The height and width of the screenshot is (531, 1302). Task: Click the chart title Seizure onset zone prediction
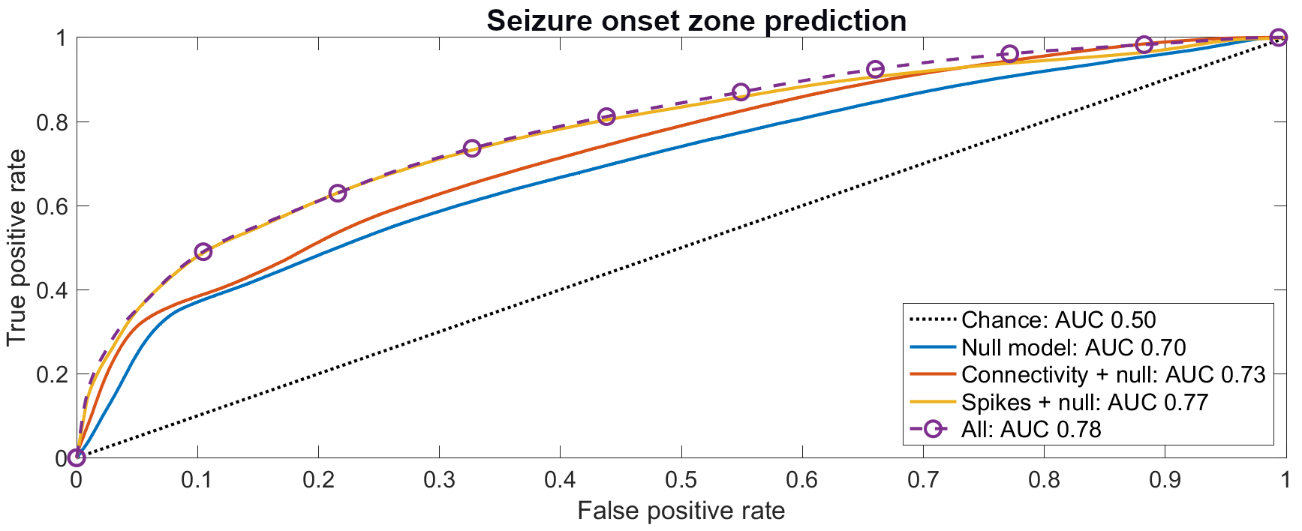point(696,20)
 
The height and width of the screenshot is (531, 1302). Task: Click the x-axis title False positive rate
point(681,511)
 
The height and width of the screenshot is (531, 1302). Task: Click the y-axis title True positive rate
point(17,247)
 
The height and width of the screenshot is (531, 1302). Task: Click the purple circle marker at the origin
point(76,457)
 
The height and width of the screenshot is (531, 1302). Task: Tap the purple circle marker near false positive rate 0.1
point(203,251)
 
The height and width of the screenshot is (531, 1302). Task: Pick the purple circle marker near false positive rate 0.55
point(741,91)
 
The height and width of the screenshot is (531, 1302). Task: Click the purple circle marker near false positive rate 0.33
point(472,148)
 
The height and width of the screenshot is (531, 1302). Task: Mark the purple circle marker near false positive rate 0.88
point(1144,44)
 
